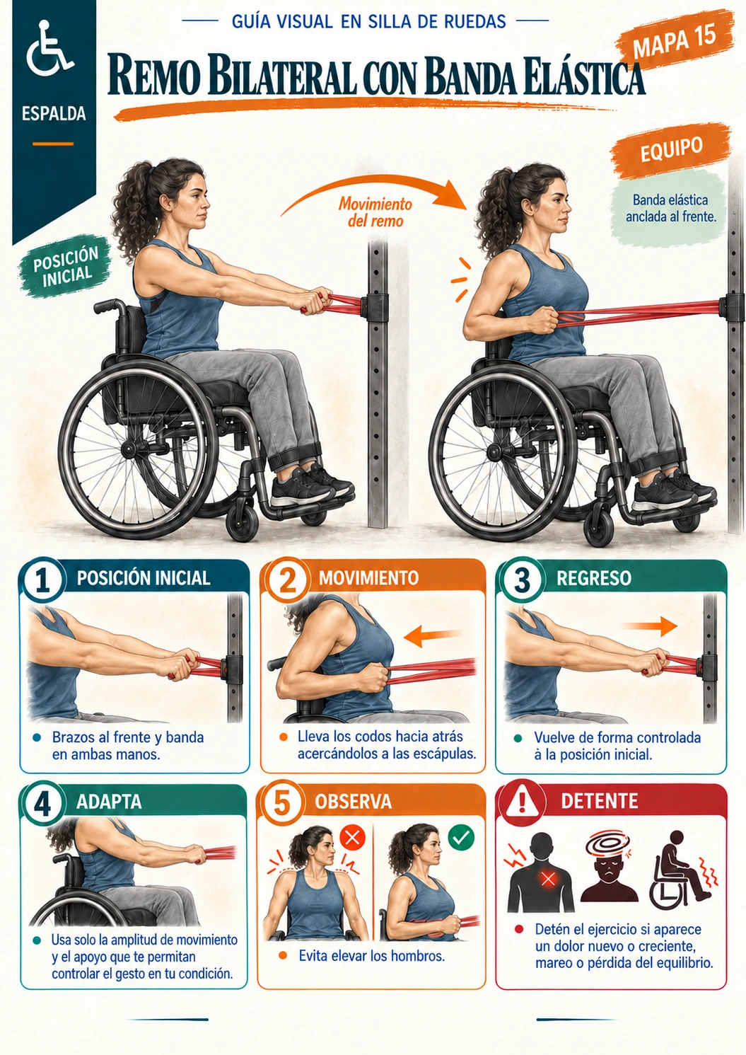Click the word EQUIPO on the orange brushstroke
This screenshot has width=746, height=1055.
[671, 150]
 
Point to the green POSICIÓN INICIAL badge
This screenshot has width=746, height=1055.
[65, 266]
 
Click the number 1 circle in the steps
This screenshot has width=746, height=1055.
[43, 580]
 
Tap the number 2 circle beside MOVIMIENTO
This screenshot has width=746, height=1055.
[287, 580]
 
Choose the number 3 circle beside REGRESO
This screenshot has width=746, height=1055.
[522, 580]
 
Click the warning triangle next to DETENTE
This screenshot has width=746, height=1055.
[522, 801]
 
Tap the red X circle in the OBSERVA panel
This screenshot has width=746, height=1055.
[353, 837]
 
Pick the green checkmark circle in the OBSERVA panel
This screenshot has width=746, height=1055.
[461, 837]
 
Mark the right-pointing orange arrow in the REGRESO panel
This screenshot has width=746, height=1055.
[650, 626]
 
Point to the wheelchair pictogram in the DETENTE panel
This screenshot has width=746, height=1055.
[682, 870]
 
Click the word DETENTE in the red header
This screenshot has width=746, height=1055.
[599, 801]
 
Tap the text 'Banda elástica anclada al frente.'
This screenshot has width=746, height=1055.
[670, 208]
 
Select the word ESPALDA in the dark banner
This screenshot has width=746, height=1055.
[54, 113]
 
